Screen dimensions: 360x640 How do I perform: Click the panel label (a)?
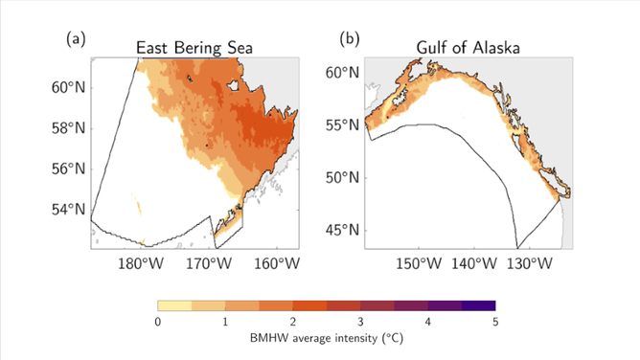click(77, 39)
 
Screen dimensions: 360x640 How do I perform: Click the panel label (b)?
click(351, 39)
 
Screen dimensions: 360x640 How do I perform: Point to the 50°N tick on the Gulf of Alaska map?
click(342, 178)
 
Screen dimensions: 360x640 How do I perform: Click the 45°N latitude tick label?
click(342, 230)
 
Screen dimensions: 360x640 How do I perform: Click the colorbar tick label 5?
click(495, 322)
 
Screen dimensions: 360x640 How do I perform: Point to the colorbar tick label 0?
click(157, 322)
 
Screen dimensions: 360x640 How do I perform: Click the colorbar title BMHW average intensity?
click(326, 338)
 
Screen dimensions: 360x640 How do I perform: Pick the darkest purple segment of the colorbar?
click(478, 305)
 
